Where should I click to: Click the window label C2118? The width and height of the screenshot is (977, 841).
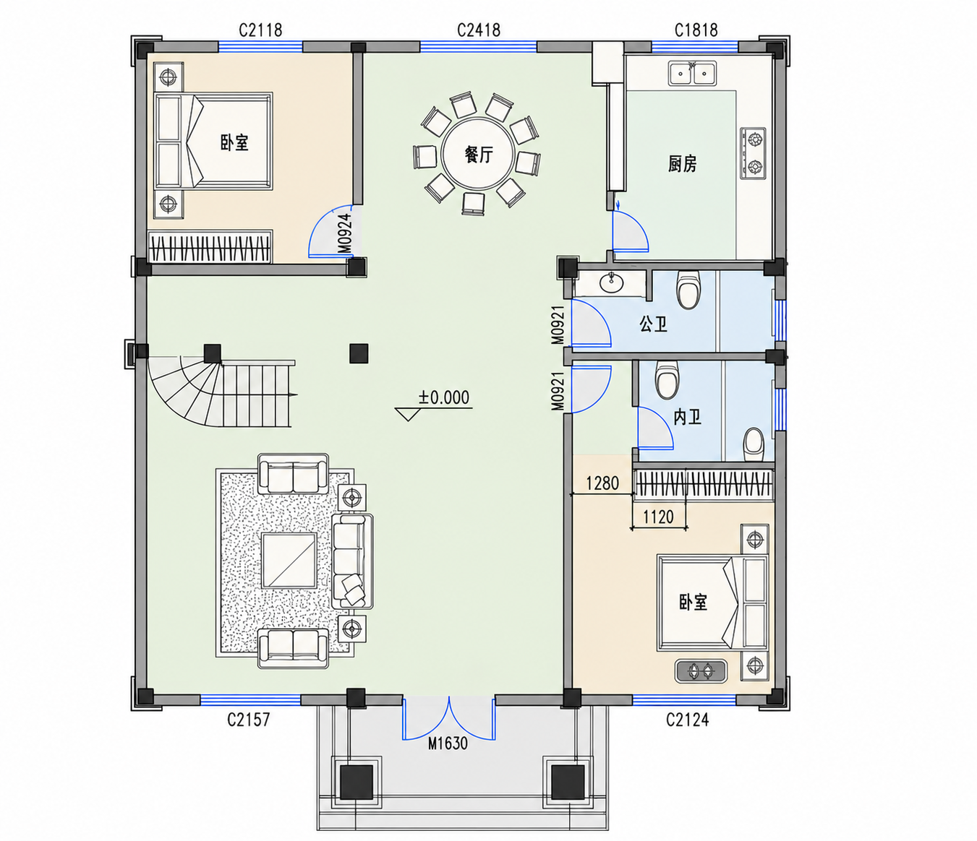[x=260, y=30]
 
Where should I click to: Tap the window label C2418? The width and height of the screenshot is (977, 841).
[x=478, y=30]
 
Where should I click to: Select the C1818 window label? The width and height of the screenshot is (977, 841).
[x=696, y=30]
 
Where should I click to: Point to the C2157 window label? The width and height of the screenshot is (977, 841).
[x=249, y=720]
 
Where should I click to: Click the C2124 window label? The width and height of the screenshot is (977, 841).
[x=687, y=720]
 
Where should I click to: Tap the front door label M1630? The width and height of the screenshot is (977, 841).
[x=448, y=743]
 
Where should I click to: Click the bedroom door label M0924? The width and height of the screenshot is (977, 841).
[x=346, y=234]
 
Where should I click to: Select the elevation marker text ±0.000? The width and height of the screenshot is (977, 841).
[x=444, y=397]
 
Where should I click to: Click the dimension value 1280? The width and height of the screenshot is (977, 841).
[x=602, y=483]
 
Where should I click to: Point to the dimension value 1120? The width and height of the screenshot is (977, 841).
[x=658, y=517]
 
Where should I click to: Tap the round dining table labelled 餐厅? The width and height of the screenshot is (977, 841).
[x=477, y=154]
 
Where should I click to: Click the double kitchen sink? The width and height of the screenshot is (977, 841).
[x=692, y=73]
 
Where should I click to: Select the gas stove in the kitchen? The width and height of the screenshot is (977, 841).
[x=754, y=153]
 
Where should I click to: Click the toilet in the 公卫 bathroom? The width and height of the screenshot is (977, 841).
[x=688, y=289]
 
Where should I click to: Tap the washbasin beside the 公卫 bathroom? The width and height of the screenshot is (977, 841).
[x=611, y=282]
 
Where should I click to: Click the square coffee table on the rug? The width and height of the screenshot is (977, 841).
[x=289, y=561]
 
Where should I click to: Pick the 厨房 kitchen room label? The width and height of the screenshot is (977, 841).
[x=682, y=164]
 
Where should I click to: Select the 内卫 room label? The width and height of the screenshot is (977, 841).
[x=687, y=417]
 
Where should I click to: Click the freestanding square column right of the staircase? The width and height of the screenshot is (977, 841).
[x=359, y=353]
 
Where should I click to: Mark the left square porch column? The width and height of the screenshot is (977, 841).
[x=357, y=782]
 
